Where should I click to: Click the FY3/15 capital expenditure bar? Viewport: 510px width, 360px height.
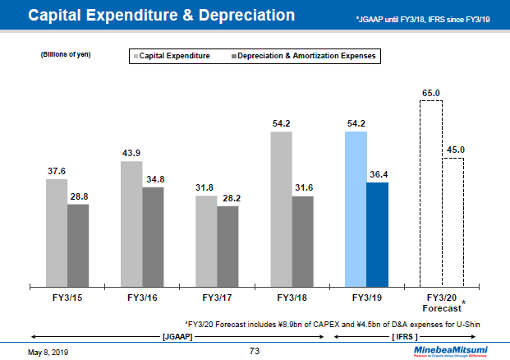[56, 232]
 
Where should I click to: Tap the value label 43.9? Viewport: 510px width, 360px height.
[131, 154]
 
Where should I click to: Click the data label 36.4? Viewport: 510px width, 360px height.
[377, 174]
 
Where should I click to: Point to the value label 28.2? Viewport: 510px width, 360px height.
[227, 198]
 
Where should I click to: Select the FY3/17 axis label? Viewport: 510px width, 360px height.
[217, 297]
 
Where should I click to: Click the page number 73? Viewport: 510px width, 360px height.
[255, 351]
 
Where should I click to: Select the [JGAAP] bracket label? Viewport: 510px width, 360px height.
[177, 337]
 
